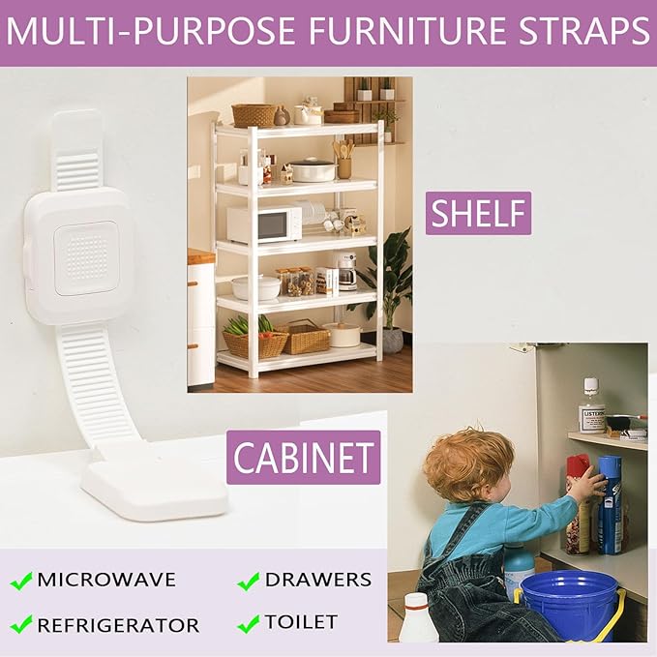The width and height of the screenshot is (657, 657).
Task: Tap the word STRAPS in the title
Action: (x=580, y=31)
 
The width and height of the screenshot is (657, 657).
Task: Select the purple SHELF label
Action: (x=478, y=213)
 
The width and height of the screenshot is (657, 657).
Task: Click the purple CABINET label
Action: (x=304, y=457)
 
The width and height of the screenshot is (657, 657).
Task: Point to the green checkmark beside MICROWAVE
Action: (x=21, y=582)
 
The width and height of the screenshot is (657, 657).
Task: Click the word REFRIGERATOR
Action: (x=118, y=625)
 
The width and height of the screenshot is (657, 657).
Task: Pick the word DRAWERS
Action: (x=317, y=581)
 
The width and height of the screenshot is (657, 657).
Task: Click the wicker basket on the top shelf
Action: (x=254, y=115)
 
